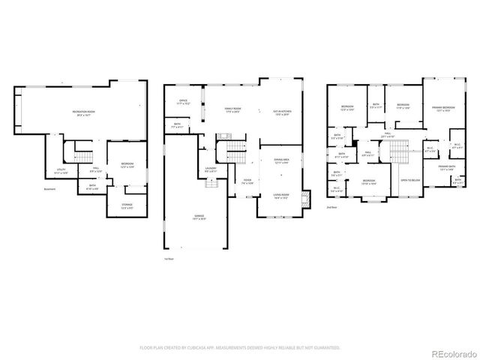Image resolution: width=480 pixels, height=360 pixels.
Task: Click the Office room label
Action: click(x=183, y=102)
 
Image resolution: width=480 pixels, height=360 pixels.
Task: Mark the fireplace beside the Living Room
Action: click(x=304, y=199)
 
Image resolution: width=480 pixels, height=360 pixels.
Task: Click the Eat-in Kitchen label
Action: click(x=282, y=113)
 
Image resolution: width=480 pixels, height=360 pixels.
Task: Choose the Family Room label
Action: click(x=232, y=111)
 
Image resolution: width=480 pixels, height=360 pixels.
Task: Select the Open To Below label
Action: click(x=409, y=181)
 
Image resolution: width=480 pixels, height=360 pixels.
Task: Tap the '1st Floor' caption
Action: click(x=169, y=258)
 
